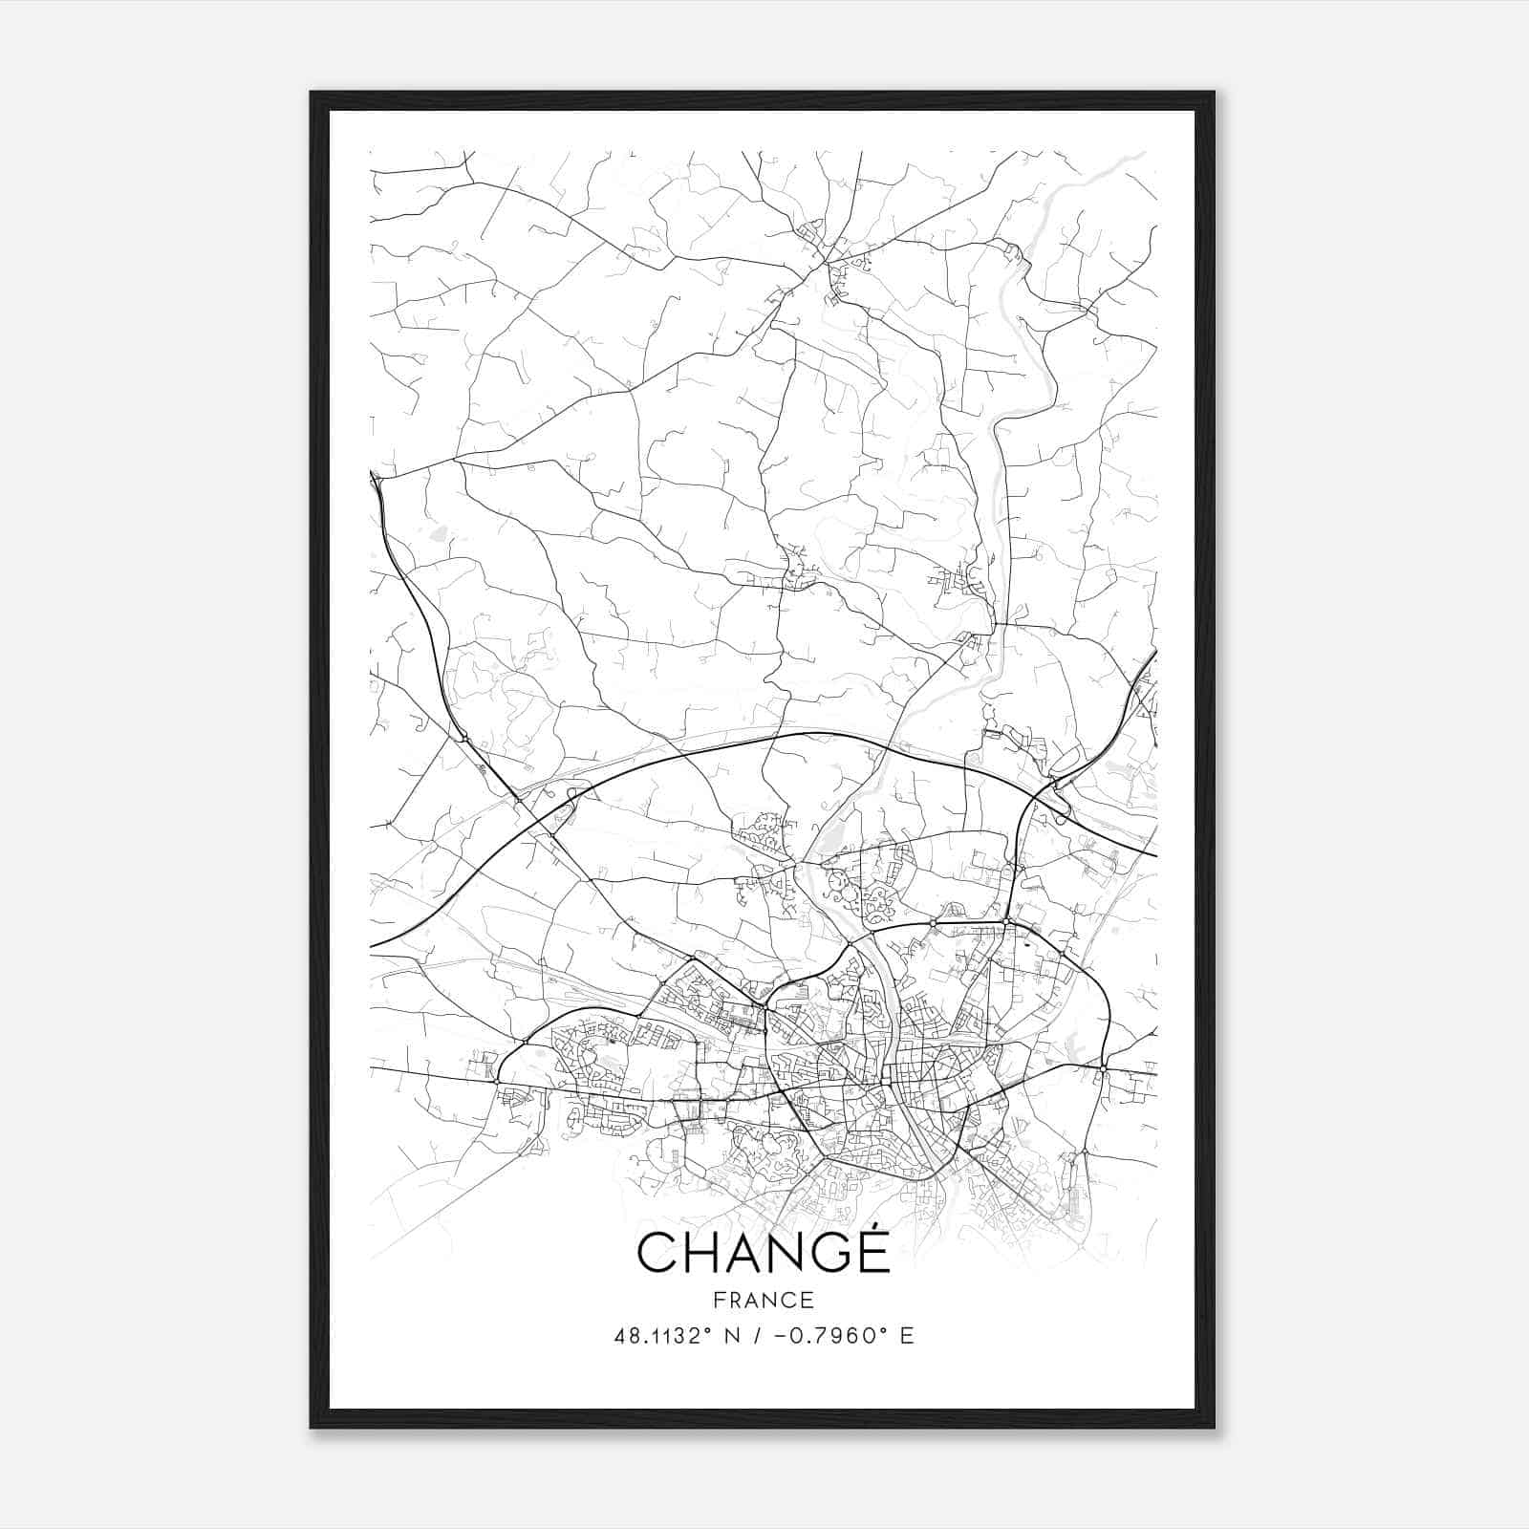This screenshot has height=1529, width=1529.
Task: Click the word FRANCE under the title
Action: (x=764, y=1300)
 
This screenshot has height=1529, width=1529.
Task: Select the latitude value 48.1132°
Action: (x=663, y=1336)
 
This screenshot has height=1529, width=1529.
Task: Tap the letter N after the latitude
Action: (x=734, y=1336)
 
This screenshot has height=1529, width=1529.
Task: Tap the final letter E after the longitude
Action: (x=907, y=1336)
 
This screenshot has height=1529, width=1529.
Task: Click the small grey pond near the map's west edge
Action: (x=438, y=534)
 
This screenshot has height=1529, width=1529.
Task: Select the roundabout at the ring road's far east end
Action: (x=1103, y=1067)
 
